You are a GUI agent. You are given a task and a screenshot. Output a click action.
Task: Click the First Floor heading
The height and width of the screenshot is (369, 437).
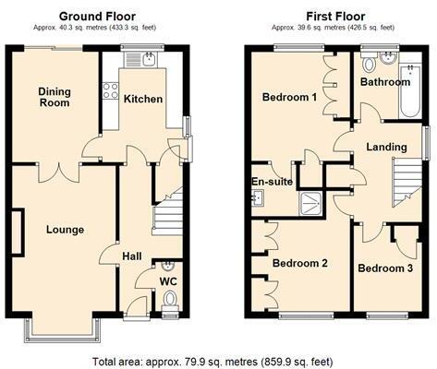pyautogui.click(x=335, y=16)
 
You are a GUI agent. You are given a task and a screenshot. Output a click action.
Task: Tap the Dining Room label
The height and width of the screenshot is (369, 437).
pyautogui.click(x=55, y=97)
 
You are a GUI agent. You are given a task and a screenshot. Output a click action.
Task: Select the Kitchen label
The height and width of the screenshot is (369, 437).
pyautogui.click(x=143, y=99)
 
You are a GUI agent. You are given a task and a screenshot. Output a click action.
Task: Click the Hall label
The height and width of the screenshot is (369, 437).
pyautogui.click(x=132, y=256)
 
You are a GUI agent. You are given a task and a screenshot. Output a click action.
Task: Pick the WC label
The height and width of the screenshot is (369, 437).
pyautogui.click(x=168, y=280)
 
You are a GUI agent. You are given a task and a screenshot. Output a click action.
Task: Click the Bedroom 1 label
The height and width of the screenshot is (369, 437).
pyautogui.click(x=289, y=97)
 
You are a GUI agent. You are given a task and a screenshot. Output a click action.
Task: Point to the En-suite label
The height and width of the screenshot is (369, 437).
pyautogui.click(x=273, y=182)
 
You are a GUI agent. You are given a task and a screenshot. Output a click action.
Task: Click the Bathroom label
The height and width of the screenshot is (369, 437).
pyautogui.click(x=385, y=82)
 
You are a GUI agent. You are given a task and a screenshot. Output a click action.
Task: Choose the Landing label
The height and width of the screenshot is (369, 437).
pyautogui.click(x=386, y=147)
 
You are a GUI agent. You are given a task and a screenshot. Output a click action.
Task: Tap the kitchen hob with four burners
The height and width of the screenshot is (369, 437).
pyautogui.click(x=110, y=91)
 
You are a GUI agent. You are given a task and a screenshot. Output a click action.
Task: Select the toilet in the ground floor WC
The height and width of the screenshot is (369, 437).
pyautogui.click(x=168, y=300)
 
